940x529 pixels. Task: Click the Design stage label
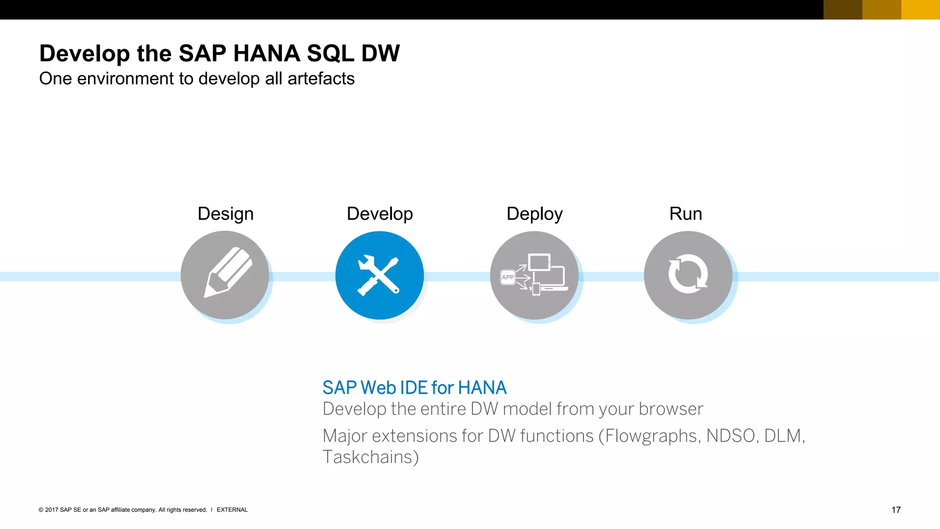point(225,214)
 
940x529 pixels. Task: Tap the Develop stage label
point(380,214)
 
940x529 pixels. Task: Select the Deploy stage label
point(534,214)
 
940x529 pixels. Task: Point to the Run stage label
point(685,214)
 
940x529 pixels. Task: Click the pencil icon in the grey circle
point(227,273)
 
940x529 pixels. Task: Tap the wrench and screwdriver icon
point(379,276)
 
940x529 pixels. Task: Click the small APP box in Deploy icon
point(508,277)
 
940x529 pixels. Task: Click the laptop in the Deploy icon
point(553,279)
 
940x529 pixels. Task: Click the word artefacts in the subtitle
point(321,79)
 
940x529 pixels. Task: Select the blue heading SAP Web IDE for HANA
point(414,388)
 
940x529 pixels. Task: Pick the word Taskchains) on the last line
point(370,457)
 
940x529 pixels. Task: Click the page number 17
point(895,510)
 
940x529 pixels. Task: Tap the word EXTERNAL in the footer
point(232,510)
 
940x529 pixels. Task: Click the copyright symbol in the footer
point(41,510)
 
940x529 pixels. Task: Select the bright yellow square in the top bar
point(920,10)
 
